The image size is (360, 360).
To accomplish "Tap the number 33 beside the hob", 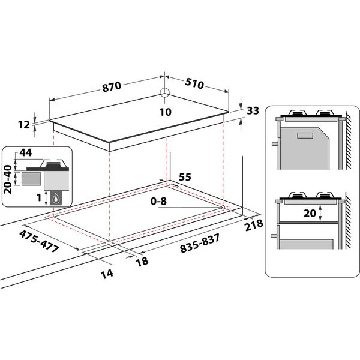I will click(253, 111).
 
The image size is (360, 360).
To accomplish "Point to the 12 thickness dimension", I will click(23, 125).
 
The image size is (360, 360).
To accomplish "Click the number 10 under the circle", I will click(166, 112).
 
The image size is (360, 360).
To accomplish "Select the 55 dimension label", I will click(185, 178).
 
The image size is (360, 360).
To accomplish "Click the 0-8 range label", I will click(158, 201).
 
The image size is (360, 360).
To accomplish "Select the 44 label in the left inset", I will click(26, 154).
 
